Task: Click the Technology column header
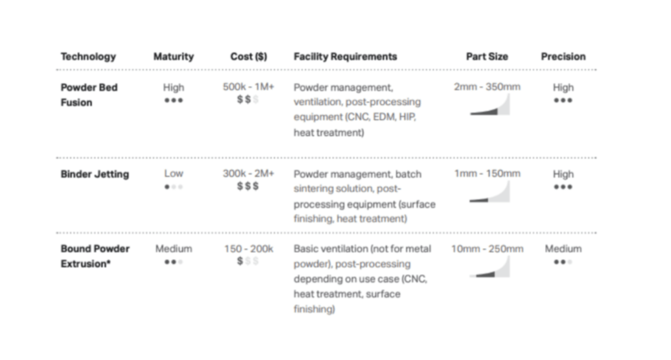88,57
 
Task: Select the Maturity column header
174,57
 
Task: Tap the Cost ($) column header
248,57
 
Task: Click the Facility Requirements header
345,57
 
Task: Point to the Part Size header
487,57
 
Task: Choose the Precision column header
563,57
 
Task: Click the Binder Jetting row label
95,174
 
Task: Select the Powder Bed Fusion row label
89,95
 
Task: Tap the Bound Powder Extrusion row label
95,256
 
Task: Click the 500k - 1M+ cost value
248,87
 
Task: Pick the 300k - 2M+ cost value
248,173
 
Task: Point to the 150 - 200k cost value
248,249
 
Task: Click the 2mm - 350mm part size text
487,87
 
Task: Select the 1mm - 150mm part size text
487,173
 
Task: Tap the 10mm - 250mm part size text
487,249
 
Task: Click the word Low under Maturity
174,173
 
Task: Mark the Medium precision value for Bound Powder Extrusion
563,249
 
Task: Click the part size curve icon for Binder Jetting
490,192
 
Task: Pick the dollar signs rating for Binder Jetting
248,186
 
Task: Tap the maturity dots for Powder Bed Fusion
174,100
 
